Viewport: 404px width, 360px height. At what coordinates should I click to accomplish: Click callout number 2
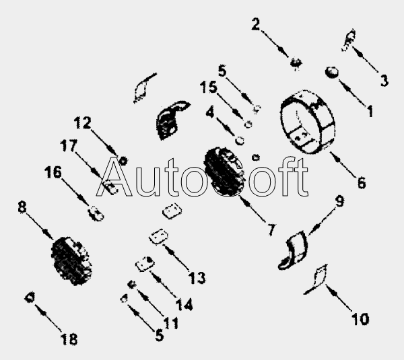point(256,24)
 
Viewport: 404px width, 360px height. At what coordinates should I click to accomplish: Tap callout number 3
point(384,80)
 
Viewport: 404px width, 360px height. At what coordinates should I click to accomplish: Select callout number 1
point(370,111)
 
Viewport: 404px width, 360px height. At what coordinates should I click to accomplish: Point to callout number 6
point(362,182)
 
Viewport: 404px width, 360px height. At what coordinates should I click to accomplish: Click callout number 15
point(209,87)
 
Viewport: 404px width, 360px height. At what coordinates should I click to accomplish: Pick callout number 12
point(82,122)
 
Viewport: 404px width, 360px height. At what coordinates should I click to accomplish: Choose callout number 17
point(69,145)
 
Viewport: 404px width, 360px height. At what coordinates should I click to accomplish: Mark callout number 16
point(53,172)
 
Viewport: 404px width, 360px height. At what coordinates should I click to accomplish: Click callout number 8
point(22,207)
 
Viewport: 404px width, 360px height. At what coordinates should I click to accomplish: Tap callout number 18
point(69,339)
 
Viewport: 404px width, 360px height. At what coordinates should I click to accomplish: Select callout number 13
point(197,278)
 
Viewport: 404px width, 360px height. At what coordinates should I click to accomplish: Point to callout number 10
point(360,319)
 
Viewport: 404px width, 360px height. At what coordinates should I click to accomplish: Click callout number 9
point(339,201)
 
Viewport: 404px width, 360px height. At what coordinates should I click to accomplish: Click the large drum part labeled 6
point(308,122)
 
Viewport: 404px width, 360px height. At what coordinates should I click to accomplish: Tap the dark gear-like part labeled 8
point(71,261)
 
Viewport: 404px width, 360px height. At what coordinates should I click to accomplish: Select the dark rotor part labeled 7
point(224,172)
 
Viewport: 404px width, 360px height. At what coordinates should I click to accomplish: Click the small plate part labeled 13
point(158,237)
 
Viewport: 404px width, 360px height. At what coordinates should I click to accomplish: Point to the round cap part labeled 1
point(332,72)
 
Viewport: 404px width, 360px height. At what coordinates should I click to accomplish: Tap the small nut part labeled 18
point(30,297)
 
